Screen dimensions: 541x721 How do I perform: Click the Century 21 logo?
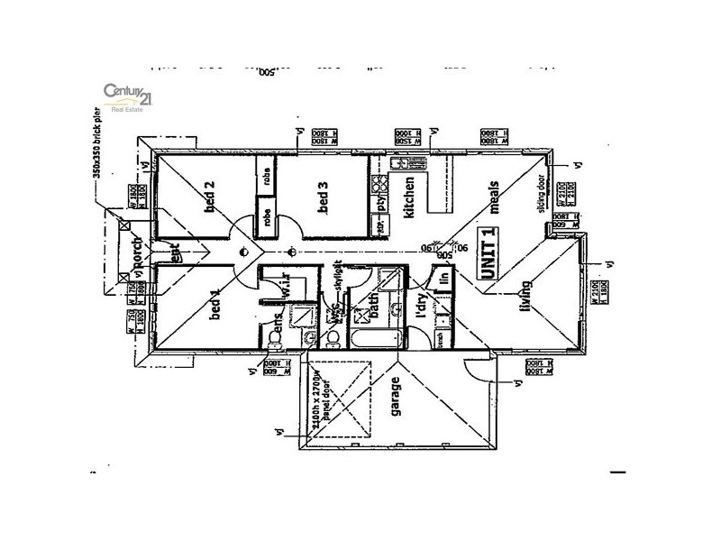[x=129, y=95]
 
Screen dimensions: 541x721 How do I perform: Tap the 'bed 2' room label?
[x=211, y=197]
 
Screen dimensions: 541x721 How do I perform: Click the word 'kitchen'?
[x=408, y=198]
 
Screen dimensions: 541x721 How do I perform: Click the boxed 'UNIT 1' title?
[x=488, y=257]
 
